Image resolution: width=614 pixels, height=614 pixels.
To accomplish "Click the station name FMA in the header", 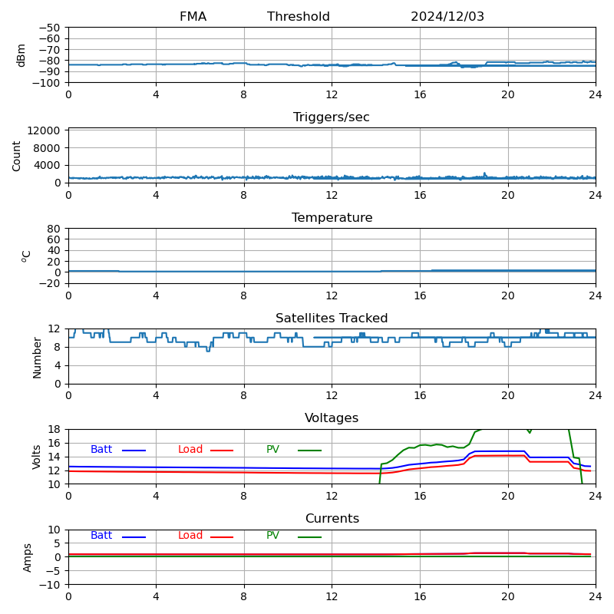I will pyautogui.click(x=193, y=17).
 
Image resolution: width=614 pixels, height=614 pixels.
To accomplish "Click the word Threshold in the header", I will pyautogui.click(x=299, y=17).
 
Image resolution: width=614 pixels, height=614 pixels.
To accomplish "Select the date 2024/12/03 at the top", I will pyautogui.click(x=447, y=17).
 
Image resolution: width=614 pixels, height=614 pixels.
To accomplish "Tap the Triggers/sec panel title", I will pyautogui.click(x=332, y=117).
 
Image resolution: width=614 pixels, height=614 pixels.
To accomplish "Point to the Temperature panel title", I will pyautogui.click(x=332, y=218).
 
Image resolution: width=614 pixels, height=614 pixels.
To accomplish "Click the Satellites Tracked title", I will pyautogui.click(x=332, y=319).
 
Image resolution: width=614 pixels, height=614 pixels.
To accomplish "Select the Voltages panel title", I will pyautogui.click(x=332, y=418).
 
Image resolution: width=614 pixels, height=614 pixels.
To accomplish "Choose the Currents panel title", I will pyautogui.click(x=332, y=519).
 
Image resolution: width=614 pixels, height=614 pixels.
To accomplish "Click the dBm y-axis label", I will pyautogui.click(x=21, y=55).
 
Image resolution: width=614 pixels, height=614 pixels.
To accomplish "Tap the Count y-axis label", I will pyautogui.click(x=17, y=155).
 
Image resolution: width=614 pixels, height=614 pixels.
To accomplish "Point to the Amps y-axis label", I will pyautogui.click(x=28, y=557).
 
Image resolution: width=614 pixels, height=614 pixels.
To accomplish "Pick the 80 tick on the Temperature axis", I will pyautogui.click(x=54, y=229).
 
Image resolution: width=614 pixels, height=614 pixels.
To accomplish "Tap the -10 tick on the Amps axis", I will pyautogui.click(x=51, y=585).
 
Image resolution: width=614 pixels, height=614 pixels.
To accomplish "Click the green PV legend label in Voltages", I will pyautogui.click(x=273, y=450).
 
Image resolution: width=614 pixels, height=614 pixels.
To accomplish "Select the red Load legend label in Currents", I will pyautogui.click(x=190, y=536).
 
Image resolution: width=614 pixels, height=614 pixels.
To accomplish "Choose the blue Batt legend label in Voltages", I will pyautogui.click(x=101, y=450).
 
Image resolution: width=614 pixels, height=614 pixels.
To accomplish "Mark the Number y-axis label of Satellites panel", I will pyautogui.click(x=38, y=357).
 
